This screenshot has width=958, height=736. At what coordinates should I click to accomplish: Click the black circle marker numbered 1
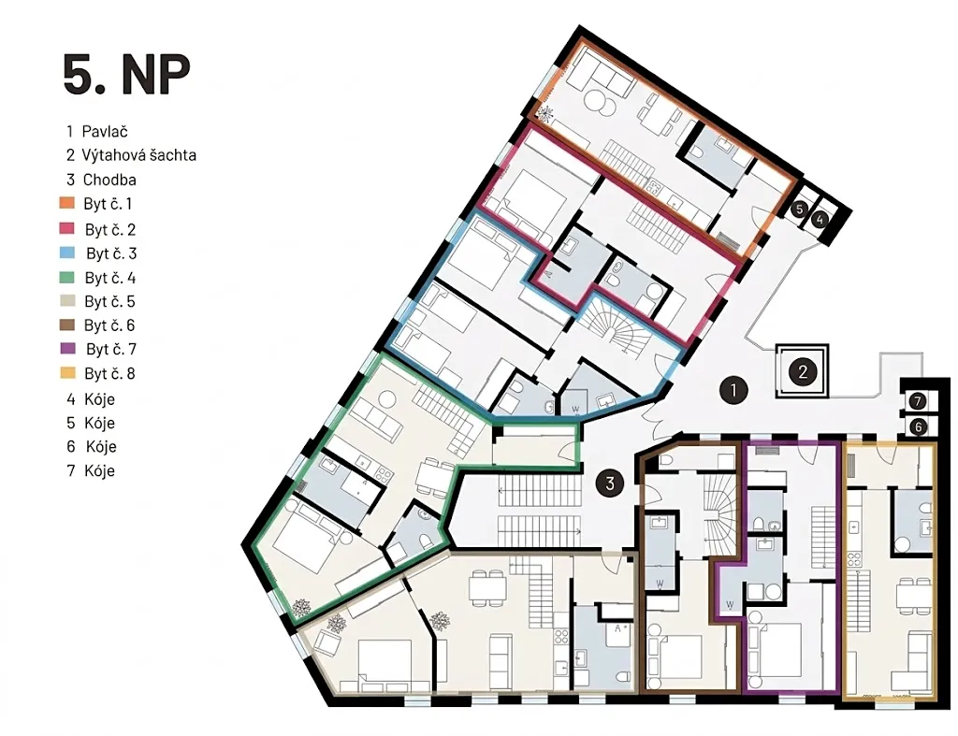[733, 390]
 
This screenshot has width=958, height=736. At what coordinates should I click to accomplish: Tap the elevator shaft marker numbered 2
[802, 371]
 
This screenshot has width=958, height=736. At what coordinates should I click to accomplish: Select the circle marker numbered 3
[610, 483]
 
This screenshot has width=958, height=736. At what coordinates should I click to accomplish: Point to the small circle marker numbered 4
[820, 219]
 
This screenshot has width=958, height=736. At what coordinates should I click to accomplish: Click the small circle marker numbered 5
[799, 209]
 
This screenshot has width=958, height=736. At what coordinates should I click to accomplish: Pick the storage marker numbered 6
[918, 427]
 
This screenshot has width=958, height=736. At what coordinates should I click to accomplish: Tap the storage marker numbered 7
[917, 401]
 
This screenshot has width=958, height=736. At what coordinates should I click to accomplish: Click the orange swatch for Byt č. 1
[66, 203]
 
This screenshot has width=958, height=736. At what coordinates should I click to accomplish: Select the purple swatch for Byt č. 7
[67, 348]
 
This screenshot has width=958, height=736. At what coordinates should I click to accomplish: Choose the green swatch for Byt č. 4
[66, 278]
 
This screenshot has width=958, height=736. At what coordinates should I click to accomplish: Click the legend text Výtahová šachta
[139, 155]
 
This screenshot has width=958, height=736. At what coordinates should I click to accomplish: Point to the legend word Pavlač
[105, 131]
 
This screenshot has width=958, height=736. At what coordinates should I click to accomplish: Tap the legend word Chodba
[109, 180]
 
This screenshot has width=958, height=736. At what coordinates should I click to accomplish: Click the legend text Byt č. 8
[109, 373]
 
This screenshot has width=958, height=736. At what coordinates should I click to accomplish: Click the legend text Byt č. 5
[109, 301]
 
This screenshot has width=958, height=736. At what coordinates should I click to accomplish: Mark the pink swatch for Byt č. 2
[66, 228]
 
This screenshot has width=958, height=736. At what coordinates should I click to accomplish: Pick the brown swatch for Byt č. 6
[66, 325]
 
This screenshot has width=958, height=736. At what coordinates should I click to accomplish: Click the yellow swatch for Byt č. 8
[67, 372]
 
